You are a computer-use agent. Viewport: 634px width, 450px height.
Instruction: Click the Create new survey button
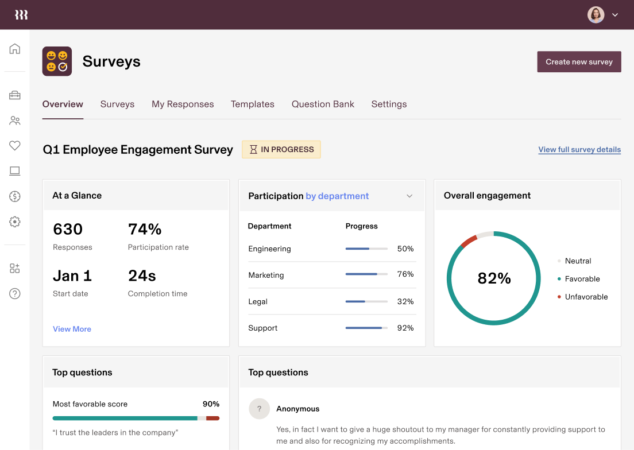(579, 62)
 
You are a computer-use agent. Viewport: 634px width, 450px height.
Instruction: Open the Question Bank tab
(323, 104)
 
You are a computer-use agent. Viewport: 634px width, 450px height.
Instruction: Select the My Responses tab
(183, 104)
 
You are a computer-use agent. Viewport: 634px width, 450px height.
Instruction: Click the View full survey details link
(579, 150)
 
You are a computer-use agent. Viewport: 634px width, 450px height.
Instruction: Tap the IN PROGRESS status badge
(281, 149)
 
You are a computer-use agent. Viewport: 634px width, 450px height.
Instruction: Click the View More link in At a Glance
(72, 329)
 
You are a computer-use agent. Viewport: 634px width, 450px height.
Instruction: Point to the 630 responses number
(68, 229)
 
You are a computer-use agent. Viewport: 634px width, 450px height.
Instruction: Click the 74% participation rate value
(145, 229)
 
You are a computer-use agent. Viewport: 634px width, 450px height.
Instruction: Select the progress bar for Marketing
(366, 274)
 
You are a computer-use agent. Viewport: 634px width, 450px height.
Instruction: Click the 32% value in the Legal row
(405, 301)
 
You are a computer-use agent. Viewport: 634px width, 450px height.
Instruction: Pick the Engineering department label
(269, 249)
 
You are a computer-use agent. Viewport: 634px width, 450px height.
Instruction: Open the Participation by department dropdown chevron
(409, 196)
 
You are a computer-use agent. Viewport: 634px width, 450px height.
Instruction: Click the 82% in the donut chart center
(494, 278)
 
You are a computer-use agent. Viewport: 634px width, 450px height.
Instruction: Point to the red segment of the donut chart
(469, 241)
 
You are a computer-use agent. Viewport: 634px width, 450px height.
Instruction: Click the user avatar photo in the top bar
(596, 15)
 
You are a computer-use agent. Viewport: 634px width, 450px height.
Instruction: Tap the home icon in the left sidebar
(15, 49)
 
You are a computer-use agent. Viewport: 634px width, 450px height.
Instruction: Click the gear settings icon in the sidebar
(15, 222)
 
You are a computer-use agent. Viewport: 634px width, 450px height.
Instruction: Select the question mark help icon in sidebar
(15, 293)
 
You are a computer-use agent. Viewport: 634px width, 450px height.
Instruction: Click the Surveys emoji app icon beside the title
(57, 61)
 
